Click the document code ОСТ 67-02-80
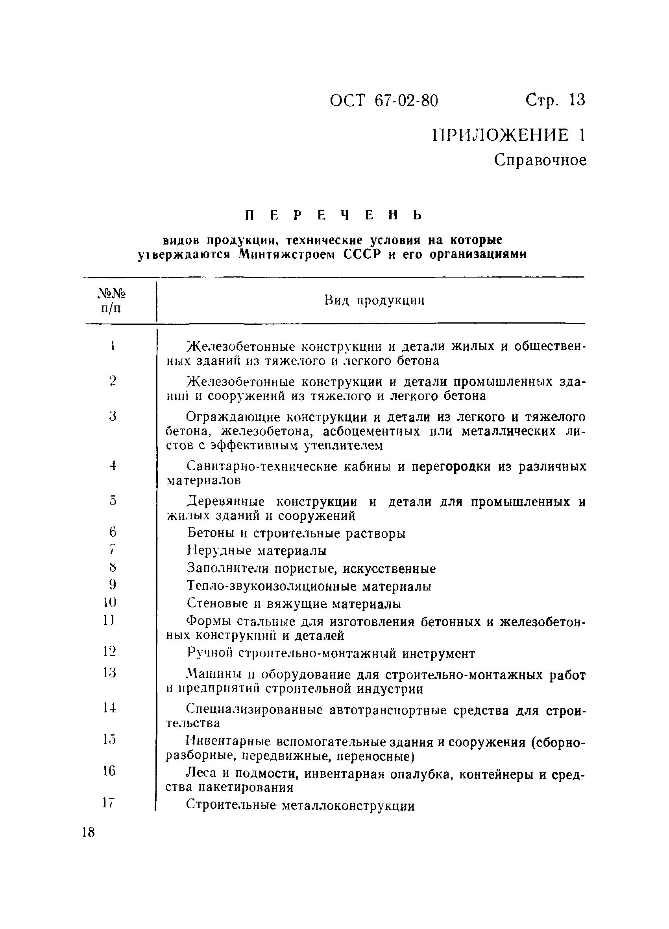384,100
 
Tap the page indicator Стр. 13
555,100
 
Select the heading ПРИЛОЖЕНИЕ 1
509,135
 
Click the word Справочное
540,160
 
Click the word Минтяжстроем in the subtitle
286,254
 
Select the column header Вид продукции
374,300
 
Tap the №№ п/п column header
111,300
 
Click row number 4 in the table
113,466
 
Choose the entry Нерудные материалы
257,550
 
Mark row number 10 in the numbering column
110,602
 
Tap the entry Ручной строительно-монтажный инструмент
331,653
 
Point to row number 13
109,673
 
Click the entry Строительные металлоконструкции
300,806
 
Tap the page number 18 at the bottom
88,833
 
